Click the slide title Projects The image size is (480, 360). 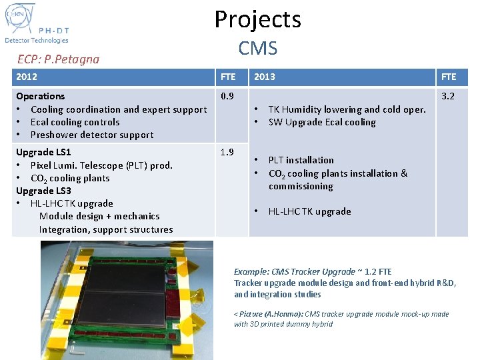pyautogui.click(x=257, y=19)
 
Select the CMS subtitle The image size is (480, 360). pyautogui.click(x=257, y=48)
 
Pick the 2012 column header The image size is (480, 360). pyautogui.click(x=27, y=77)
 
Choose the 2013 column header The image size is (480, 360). pyautogui.click(x=265, y=77)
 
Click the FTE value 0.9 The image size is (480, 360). pyautogui.click(x=227, y=96)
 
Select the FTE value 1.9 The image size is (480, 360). pyautogui.click(x=227, y=152)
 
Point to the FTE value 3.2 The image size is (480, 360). pyautogui.click(x=448, y=96)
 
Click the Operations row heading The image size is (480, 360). pyautogui.click(x=41, y=96)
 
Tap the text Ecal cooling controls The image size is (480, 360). pyautogui.click(x=75, y=122)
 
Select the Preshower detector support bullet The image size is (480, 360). pyautogui.click(x=92, y=135)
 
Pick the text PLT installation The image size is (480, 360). pyautogui.click(x=301, y=160)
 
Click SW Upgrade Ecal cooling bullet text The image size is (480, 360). pyautogui.click(x=322, y=122)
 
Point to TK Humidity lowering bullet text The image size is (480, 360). pyautogui.click(x=347, y=109)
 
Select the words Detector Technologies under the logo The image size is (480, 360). pyautogui.click(x=37, y=40)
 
